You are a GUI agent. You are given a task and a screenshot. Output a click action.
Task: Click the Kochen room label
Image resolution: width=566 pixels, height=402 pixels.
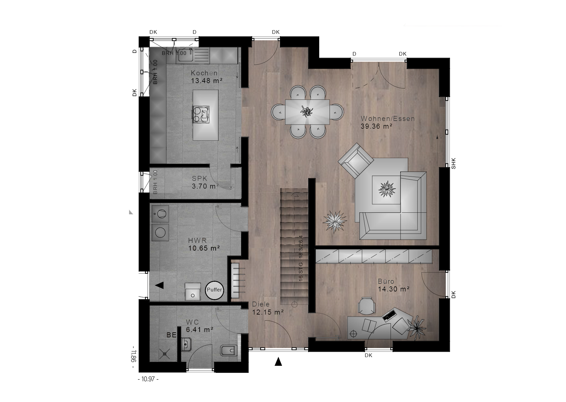click(204, 73)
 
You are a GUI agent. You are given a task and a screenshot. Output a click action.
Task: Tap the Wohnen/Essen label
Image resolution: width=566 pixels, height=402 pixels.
click(387, 119)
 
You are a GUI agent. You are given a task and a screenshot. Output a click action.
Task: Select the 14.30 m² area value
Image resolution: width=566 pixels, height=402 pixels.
click(394, 289)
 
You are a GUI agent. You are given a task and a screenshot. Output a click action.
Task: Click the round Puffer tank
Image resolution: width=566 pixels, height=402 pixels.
click(214, 290)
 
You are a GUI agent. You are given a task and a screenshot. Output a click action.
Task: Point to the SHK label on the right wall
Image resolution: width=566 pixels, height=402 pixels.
click(454, 163)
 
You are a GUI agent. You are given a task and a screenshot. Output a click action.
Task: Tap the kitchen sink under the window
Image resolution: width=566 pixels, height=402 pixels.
click(185, 55)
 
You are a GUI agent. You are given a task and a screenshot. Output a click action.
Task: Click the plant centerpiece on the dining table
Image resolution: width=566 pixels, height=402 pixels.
click(306, 111)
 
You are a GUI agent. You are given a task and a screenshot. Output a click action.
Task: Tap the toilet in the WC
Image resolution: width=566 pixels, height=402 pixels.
click(229, 351)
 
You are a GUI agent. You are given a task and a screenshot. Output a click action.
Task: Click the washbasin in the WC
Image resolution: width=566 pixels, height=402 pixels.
click(186, 344)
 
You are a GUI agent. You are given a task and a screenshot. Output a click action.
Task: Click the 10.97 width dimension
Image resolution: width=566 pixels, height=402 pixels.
click(148, 379)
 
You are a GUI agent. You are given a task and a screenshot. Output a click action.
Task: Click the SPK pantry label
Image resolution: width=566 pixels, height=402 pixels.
click(200, 179)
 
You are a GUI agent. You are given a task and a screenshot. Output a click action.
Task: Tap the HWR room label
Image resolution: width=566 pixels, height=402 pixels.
click(197, 241)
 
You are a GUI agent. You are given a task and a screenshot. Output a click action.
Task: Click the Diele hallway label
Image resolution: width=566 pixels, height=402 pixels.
click(261, 305)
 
